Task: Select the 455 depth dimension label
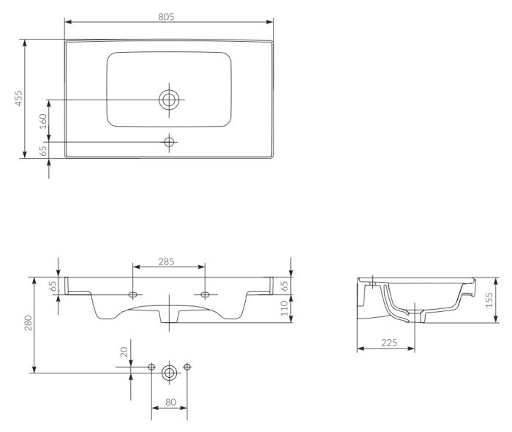click(20, 99)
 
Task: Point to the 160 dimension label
click(43, 120)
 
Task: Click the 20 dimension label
click(124, 353)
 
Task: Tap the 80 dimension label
click(169, 401)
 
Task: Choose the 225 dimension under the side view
click(388, 342)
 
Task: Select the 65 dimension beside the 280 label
click(53, 286)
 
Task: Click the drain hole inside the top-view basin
click(169, 100)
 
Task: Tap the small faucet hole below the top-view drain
click(169, 141)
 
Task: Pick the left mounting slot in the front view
click(133, 294)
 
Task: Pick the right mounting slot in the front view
click(206, 294)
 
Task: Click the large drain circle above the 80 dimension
click(169, 372)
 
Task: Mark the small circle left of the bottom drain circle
click(151, 366)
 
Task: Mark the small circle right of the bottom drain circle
click(187, 366)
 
